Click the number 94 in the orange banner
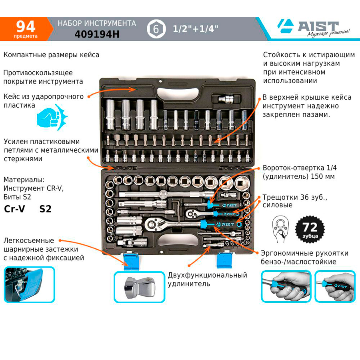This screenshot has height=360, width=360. (26, 26)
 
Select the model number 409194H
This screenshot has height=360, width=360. (97, 34)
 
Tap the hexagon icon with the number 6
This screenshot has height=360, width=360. (156, 29)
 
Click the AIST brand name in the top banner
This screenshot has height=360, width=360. (318, 26)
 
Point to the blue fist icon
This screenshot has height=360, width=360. (52, 118)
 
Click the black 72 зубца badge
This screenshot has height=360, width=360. (310, 229)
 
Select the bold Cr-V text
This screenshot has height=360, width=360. (14, 209)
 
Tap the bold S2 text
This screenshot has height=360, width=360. (45, 209)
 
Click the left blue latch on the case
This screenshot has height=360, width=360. (131, 261)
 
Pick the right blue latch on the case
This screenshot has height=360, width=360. (225, 260)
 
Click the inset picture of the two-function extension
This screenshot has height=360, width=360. (139, 287)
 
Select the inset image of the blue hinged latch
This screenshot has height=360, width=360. (29, 284)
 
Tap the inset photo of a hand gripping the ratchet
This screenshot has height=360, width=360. (286, 286)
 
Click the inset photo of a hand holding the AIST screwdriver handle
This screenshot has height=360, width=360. (335, 286)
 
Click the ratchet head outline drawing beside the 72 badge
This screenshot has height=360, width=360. (280, 229)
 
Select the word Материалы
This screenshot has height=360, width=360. (24, 180)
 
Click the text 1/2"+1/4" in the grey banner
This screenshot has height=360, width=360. (195, 29)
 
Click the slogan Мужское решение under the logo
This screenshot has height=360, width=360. (328, 33)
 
